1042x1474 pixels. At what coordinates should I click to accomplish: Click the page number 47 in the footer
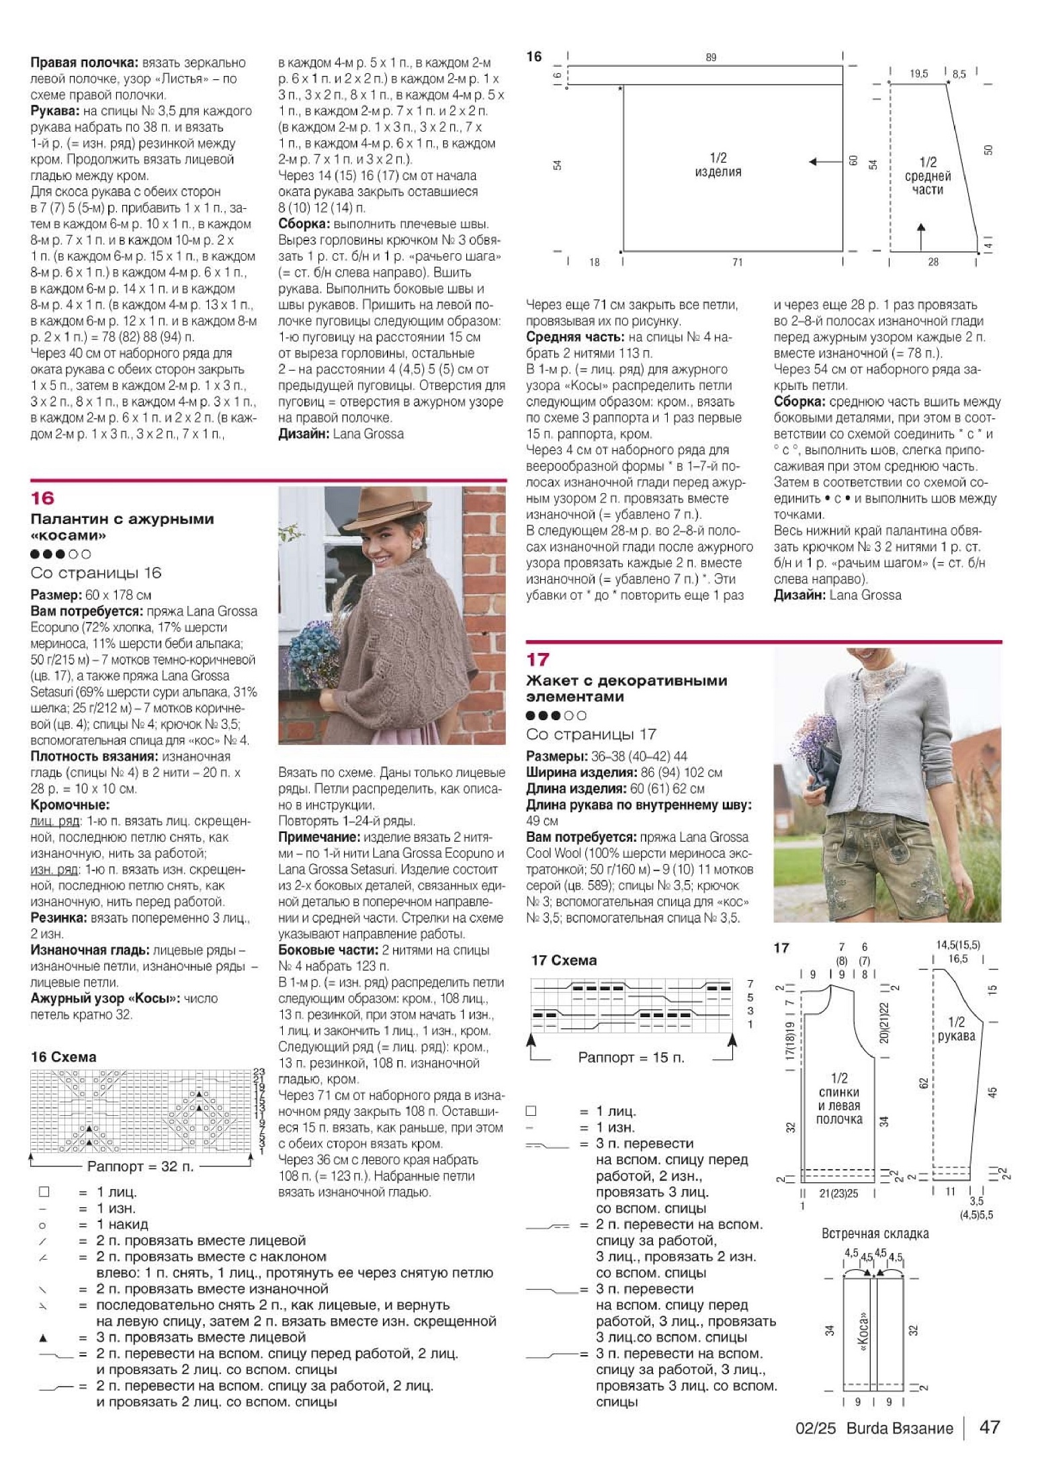point(990,1427)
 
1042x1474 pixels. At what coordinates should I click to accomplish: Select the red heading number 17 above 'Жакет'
point(537,659)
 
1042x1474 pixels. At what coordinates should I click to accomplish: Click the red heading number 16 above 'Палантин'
point(42,498)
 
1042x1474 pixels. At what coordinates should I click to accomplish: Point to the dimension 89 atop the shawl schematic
point(711,58)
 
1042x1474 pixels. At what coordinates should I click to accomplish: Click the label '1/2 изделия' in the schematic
point(718,165)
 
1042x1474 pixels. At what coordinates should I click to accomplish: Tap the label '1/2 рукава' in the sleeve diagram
point(956,1029)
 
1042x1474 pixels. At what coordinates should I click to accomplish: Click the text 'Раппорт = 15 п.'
point(631,1057)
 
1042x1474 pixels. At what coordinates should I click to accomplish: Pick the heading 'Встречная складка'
point(875,1233)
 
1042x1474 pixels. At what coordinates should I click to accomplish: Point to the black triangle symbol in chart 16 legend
point(44,1337)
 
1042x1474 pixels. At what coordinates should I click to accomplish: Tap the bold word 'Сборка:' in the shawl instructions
point(799,402)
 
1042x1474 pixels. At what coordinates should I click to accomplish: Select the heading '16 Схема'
point(63,1057)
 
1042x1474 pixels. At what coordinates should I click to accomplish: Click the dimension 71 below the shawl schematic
point(737,262)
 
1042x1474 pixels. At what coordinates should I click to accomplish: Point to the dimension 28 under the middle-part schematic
point(933,262)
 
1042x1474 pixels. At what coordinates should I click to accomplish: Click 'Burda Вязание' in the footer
point(899,1428)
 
